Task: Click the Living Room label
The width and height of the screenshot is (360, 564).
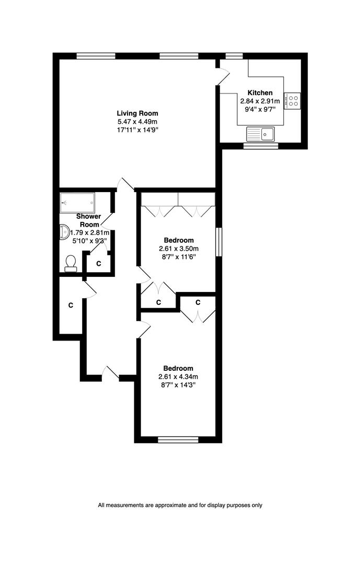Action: (137, 114)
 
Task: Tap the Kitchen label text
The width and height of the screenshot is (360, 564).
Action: (260, 93)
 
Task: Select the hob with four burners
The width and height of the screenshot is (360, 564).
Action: (292, 101)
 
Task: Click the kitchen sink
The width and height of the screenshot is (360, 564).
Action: (260, 134)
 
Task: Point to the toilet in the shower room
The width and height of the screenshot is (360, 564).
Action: (71, 263)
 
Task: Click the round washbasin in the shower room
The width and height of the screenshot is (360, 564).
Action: (65, 232)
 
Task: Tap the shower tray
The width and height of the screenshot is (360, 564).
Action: (77, 203)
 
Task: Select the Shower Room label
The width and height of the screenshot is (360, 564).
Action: (88, 220)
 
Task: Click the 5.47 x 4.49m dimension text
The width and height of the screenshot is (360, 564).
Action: (137, 122)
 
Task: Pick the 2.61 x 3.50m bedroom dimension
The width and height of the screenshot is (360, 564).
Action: (179, 249)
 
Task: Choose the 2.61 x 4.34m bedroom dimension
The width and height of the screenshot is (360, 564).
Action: (178, 377)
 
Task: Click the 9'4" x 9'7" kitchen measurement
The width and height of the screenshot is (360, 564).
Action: (260, 110)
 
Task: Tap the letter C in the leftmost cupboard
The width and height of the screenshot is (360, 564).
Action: (71, 305)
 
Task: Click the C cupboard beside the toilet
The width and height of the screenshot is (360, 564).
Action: (99, 264)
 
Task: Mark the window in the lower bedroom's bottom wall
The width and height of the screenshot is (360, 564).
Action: (178, 440)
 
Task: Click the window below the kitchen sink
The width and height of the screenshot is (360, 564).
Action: (261, 146)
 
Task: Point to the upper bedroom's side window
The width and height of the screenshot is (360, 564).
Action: (218, 242)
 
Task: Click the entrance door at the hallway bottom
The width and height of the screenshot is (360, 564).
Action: (111, 373)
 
